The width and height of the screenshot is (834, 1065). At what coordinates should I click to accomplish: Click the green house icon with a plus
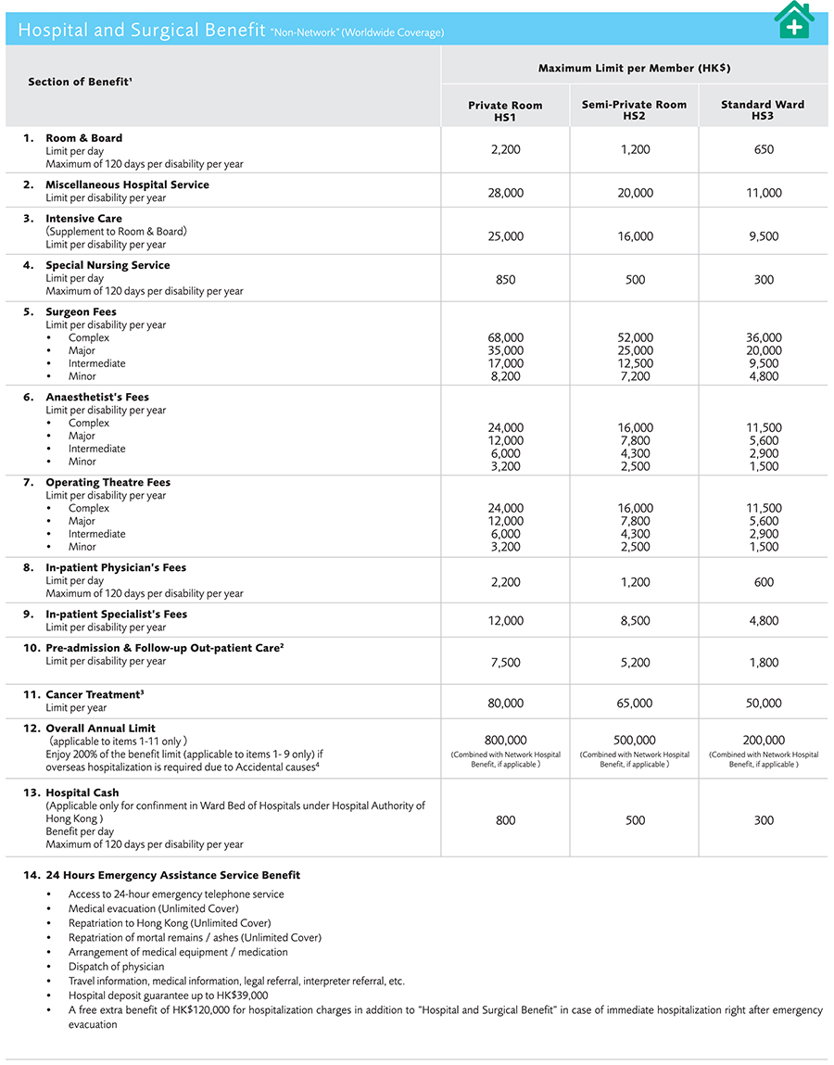coord(794,19)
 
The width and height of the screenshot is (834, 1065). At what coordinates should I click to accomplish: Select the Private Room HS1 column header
coord(505,110)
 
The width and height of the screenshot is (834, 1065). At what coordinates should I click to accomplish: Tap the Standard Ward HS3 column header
coord(763,110)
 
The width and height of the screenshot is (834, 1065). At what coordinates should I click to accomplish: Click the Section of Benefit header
coord(80,82)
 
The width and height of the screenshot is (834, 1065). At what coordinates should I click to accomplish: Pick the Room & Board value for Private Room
coord(505,149)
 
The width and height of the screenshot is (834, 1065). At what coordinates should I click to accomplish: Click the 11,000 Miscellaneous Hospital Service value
coord(764,193)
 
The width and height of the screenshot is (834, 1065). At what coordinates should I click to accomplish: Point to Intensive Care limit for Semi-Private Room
coord(635,236)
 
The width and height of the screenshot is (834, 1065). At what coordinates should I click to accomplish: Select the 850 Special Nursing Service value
coord(505,280)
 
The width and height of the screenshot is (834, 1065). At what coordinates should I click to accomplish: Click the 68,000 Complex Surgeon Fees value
coord(505,338)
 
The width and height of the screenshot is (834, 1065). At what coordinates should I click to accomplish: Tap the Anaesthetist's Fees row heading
coord(97,398)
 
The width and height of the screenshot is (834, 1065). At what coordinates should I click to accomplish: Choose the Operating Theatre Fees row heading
coord(107,483)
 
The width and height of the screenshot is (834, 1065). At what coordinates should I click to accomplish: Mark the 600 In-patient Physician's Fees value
coord(764,582)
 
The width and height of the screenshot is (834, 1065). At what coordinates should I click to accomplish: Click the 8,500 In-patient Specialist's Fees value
coord(635,621)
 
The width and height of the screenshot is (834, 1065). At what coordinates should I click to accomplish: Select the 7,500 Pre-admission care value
coord(505,663)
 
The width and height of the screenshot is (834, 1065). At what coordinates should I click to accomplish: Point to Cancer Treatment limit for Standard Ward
coord(764,704)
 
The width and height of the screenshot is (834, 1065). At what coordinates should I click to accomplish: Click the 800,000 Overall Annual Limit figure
coord(505,741)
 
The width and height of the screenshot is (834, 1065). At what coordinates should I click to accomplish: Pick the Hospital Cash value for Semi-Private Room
coord(635,820)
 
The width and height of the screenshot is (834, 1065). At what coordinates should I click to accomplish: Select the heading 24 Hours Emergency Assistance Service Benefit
coord(172,875)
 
